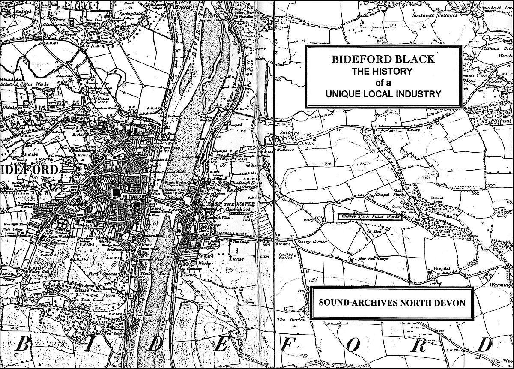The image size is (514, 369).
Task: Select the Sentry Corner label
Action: [314, 243]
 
